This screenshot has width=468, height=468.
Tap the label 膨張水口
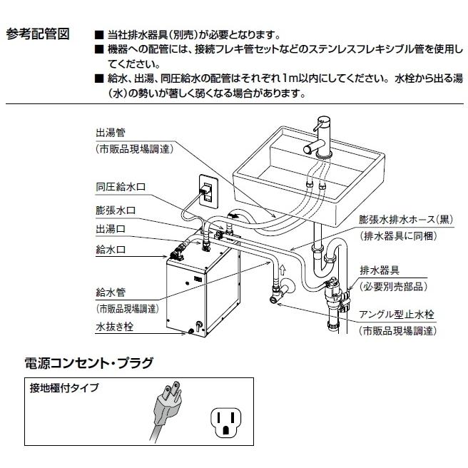[x=116, y=210]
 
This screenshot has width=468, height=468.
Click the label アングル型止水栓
[x=397, y=314]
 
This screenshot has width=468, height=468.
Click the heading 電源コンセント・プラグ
[x=89, y=362]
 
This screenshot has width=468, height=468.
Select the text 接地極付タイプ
[x=64, y=389]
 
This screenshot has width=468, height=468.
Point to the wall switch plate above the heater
[x=208, y=192]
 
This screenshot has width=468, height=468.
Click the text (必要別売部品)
[x=392, y=286]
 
